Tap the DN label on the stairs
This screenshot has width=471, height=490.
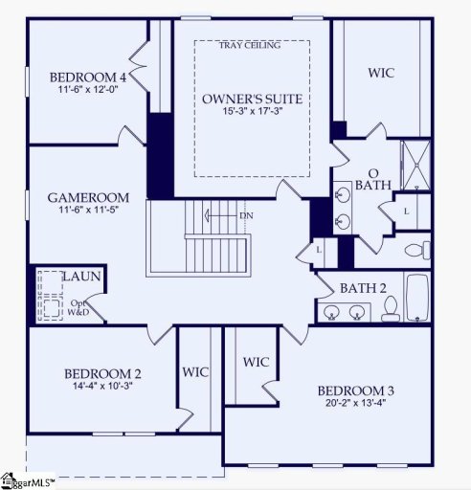[x=246, y=215]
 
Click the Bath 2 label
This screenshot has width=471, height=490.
[x=363, y=288]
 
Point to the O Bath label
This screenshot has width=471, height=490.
[x=372, y=179]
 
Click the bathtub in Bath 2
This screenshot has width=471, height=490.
[x=417, y=297]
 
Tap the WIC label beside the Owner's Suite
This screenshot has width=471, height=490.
[x=381, y=73]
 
